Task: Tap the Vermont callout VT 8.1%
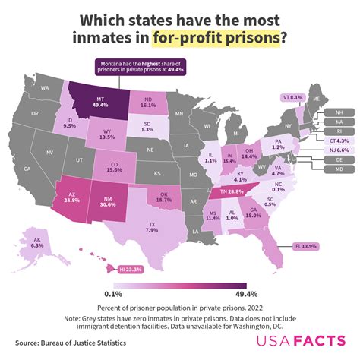coord(292,97)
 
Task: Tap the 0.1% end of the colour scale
coord(114,293)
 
